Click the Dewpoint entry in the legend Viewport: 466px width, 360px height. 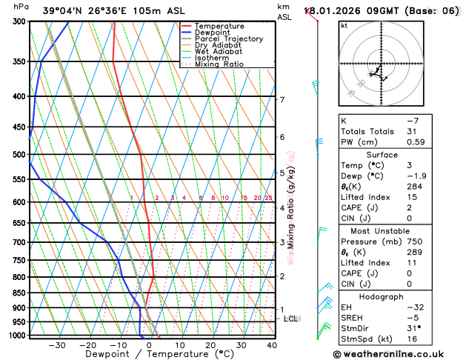click(x=212, y=33)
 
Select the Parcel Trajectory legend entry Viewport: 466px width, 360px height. click(x=228, y=39)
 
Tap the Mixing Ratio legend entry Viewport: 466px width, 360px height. click(x=219, y=64)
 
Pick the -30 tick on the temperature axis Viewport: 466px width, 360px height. click(x=57, y=345)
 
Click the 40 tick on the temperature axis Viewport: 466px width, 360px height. click(x=272, y=345)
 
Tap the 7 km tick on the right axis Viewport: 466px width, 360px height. click(x=282, y=100)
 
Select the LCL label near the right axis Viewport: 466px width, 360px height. click(x=290, y=319)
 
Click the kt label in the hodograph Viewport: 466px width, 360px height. click(x=344, y=26)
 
